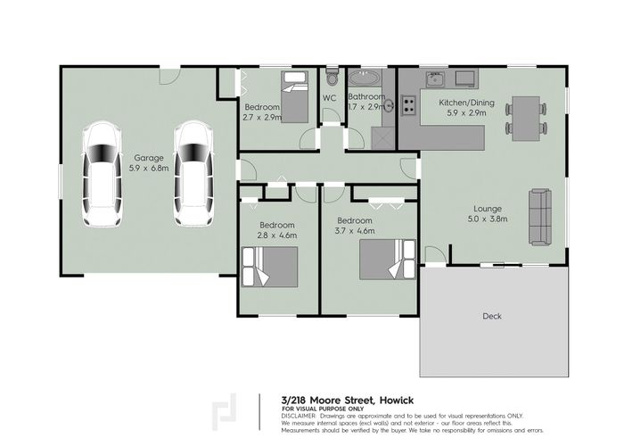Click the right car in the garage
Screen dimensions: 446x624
coord(193,174)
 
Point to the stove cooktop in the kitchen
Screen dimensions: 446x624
coord(408,106)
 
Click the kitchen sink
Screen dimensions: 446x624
coord(433,78)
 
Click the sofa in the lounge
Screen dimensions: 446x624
coord(540,215)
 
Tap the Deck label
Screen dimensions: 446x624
coord(492,316)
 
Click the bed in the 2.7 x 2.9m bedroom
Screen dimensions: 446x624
coord(295,96)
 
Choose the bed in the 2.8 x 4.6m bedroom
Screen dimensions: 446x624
coord(271,266)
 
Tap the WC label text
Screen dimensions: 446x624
coord(329,97)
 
